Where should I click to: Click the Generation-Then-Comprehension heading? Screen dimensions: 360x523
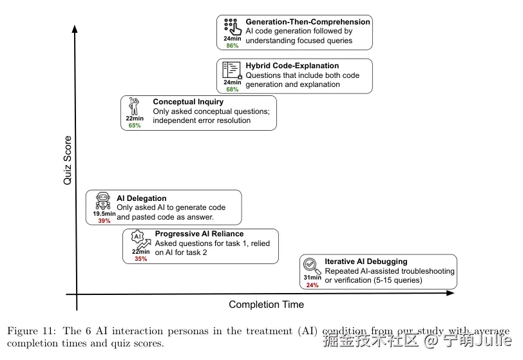coord(308,22)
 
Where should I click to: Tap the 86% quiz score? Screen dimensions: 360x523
coord(232,46)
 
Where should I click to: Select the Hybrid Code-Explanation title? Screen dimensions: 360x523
coord(292,66)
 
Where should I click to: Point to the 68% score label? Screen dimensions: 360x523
coord(232,90)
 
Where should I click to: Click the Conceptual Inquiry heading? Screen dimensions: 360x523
coord(188,102)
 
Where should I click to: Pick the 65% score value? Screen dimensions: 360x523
coord(135,126)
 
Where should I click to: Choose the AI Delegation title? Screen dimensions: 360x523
coord(141,198)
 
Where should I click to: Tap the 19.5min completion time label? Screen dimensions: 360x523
coord(104,213)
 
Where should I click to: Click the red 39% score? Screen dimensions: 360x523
coord(104,221)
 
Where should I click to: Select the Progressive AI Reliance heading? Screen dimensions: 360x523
coord(199,234)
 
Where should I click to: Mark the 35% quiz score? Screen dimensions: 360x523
coord(140,259)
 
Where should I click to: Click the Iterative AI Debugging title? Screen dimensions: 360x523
coord(366,261)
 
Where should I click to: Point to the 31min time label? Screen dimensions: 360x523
coord(312,278)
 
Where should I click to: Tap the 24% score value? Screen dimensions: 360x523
coord(312,285)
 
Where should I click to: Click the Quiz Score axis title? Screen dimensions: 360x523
coord(67,160)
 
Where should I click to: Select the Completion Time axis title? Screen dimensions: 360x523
coord(266,305)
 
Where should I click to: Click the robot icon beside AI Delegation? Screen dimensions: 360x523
coord(104,200)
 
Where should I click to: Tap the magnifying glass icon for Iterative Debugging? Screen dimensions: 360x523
coord(312,264)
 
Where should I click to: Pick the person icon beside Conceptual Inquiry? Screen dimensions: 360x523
coord(134,106)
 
